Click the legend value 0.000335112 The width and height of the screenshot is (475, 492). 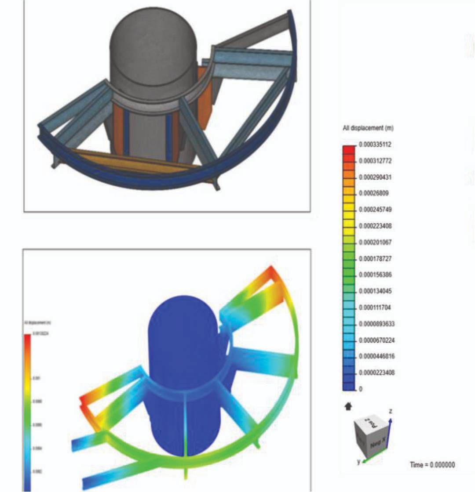(375, 145)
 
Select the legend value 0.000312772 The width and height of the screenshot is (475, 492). (375, 161)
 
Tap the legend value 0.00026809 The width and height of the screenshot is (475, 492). (373, 193)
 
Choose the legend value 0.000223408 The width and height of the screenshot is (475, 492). (375, 226)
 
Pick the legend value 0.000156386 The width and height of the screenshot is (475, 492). (375, 275)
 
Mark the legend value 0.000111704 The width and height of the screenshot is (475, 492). (375, 307)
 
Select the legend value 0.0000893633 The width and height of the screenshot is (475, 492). (376, 324)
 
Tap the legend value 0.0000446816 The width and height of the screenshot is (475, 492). (376, 356)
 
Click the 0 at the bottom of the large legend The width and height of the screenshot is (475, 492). (361, 389)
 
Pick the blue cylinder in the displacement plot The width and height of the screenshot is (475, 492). (183, 373)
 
